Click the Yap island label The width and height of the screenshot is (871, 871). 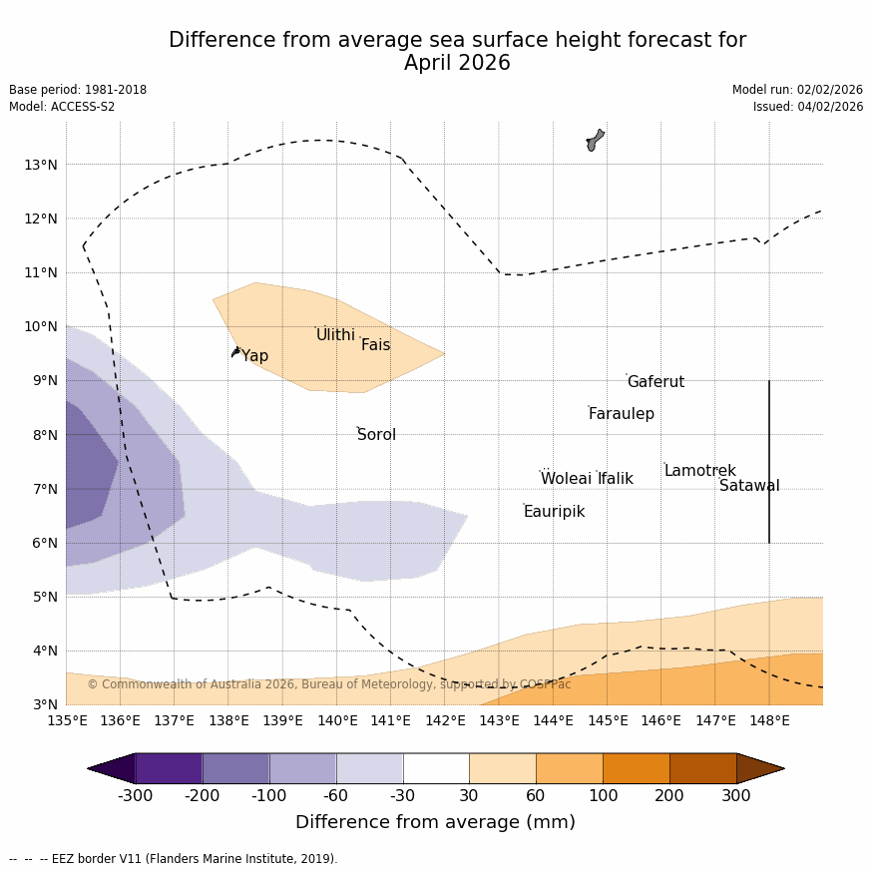[x=254, y=356]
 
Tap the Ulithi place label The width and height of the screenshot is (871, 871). [x=335, y=335]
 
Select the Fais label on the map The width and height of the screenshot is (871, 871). [x=375, y=345]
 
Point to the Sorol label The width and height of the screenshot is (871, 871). [x=376, y=435]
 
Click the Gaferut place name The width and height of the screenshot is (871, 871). [x=655, y=382]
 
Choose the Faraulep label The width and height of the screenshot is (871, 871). [x=621, y=414]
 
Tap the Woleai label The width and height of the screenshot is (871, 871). [x=566, y=479]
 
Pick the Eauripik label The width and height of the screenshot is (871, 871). [x=554, y=512]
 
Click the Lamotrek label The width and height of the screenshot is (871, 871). [x=699, y=471]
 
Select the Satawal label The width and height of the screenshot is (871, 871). [x=749, y=486]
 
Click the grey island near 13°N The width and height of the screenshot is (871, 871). [x=595, y=140]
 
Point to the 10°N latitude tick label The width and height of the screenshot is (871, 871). [x=40, y=326]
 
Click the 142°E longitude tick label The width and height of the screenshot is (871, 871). [x=445, y=720]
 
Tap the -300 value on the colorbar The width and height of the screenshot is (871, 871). [x=136, y=795]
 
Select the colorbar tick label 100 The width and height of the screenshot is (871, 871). [x=603, y=795]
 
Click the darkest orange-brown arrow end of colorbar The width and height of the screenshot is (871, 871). [x=760, y=768]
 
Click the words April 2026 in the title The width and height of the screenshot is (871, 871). [x=457, y=64]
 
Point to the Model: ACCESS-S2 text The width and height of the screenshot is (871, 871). [x=62, y=107]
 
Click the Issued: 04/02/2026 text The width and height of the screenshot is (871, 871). [x=808, y=107]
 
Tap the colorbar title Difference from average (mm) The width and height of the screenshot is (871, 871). [x=435, y=823]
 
